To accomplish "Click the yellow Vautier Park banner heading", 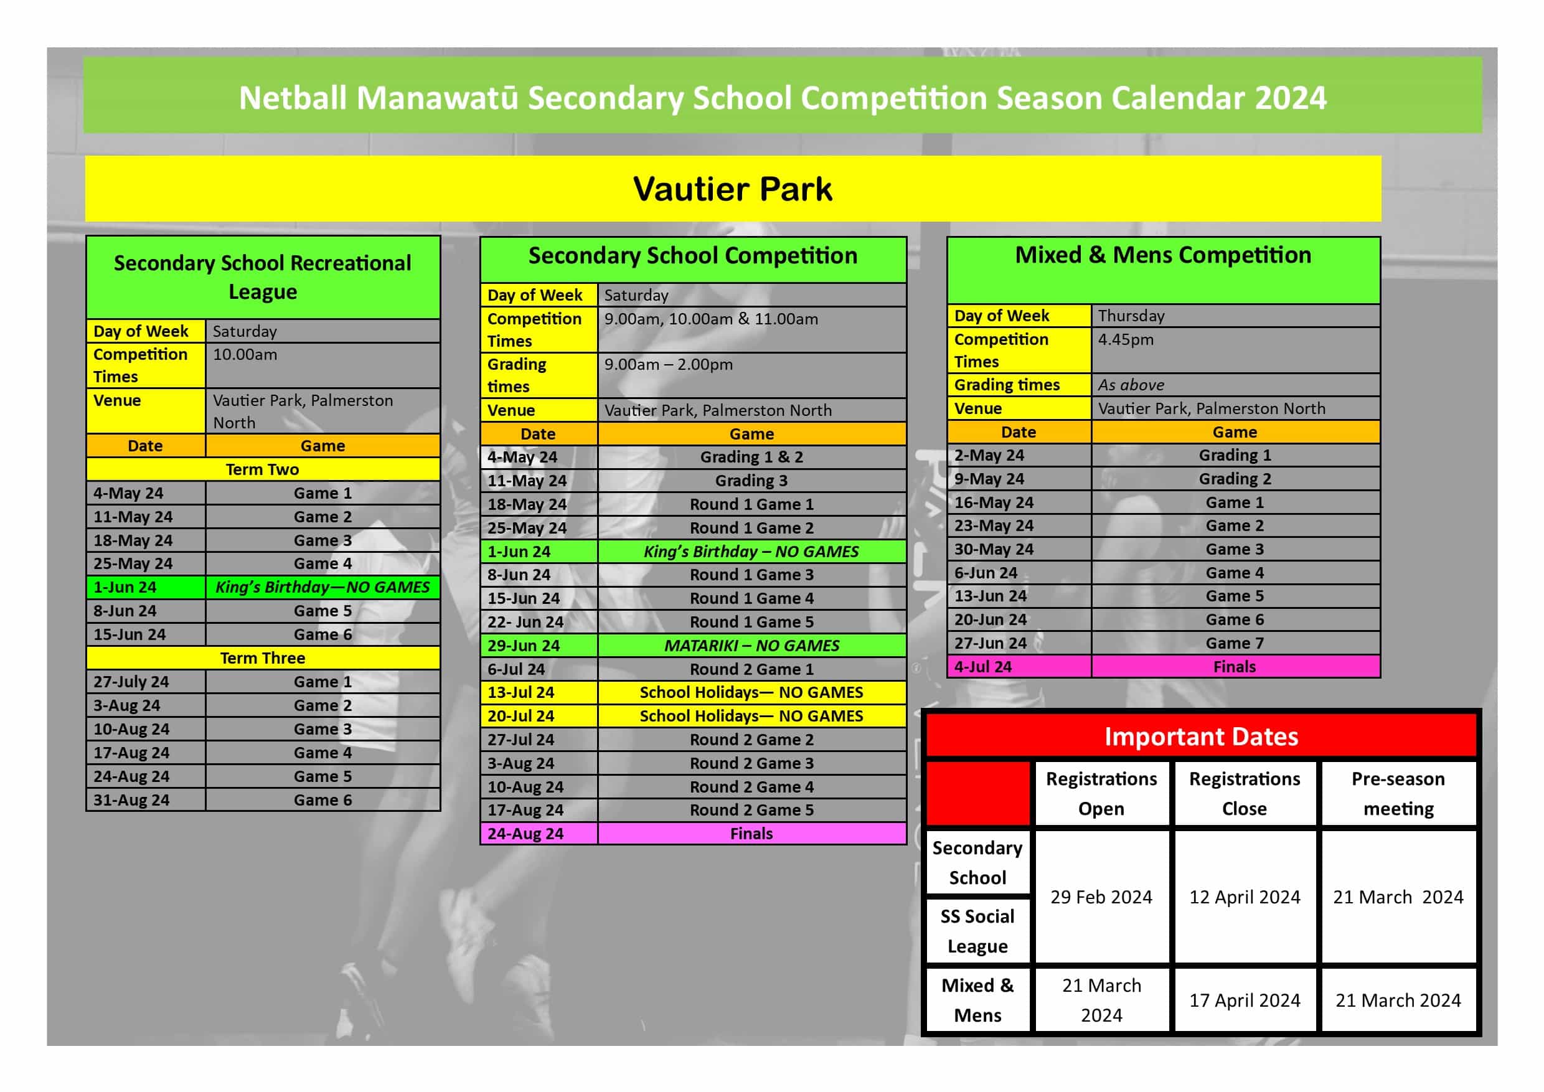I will point(732,189).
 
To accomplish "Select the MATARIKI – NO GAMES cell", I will point(751,646).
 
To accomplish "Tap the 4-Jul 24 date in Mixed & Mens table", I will point(982,667).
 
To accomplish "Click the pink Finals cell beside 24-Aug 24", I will point(751,834).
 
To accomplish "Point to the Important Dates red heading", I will point(1201,737).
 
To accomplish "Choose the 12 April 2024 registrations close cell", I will point(1244,897).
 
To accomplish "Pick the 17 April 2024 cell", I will point(1244,1000).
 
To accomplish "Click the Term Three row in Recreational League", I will point(262,658).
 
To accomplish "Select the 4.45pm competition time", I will point(1126,339).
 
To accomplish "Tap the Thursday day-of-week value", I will point(1131,316).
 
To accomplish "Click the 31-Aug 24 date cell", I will point(131,800).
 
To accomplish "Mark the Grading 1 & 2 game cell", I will point(751,457).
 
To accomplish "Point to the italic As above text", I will point(1131,385).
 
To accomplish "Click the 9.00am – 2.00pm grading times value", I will point(668,364).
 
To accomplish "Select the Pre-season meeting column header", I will point(1398,793).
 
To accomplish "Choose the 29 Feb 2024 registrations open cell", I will point(1101,897).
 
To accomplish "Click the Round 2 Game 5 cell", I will point(751,810).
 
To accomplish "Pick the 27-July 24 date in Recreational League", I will point(131,682).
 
